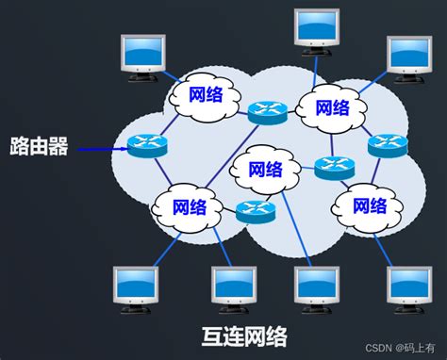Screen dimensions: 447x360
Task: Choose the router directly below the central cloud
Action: click(x=255, y=211)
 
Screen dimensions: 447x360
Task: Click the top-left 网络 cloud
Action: click(x=207, y=94)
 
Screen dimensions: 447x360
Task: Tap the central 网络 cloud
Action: click(x=265, y=170)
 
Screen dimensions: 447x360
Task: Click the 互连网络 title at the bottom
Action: click(x=243, y=336)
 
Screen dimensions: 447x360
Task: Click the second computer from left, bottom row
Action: click(x=234, y=287)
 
